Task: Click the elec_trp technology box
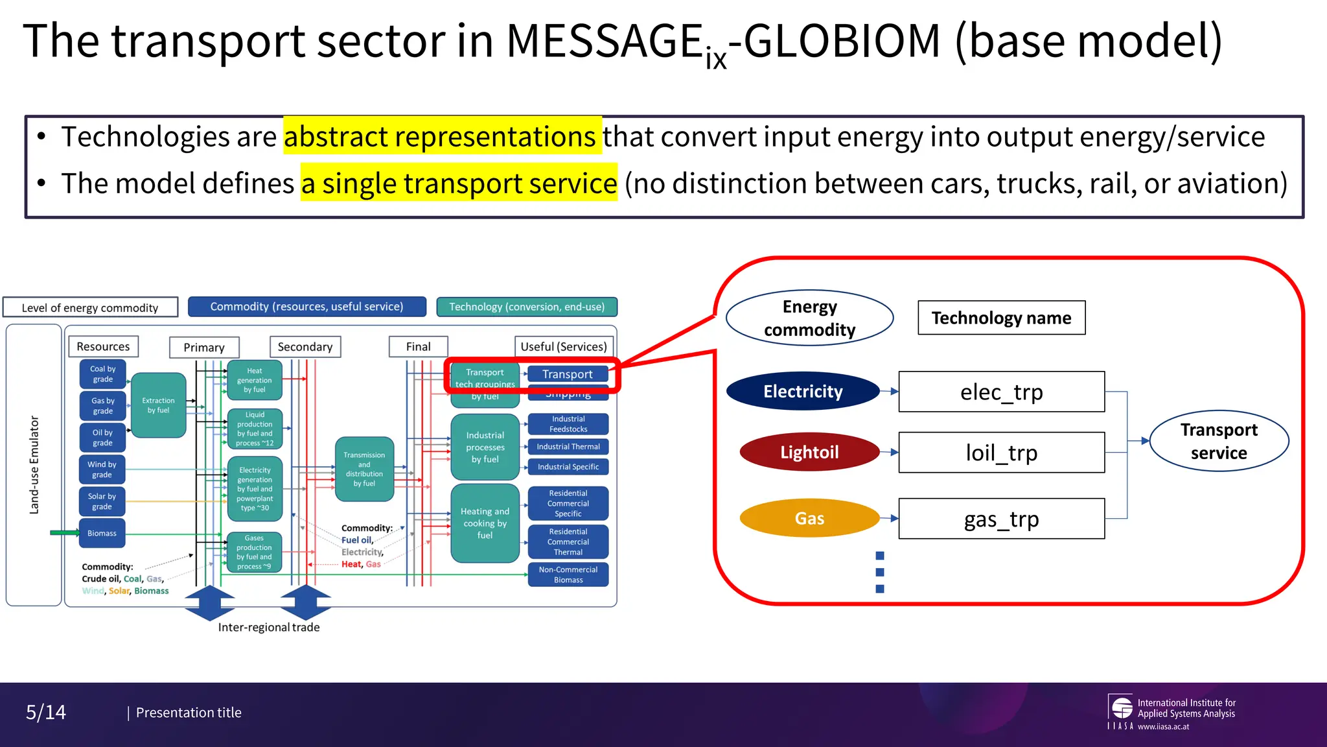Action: tap(1001, 392)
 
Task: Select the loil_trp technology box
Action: tap(1001, 453)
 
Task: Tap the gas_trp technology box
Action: tap(1001, 519)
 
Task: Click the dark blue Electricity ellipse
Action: tap(803, 391)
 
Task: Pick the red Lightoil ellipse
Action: tap(809, 452)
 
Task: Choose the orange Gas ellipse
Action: tap(809, 518)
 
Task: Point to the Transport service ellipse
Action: tap(1218, 441)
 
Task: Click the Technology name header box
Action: tap(1001, 318)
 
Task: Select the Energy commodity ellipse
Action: tap(809, 318)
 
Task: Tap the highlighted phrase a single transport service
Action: tap(459, 184)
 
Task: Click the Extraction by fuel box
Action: tap(159, 405)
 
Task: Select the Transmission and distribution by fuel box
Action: tap(364, 469)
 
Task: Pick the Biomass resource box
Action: tap(102, 533)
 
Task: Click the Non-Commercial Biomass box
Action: tap(568, 575)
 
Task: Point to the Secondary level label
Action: tap(305, 347)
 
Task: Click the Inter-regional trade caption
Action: tap(269, 627)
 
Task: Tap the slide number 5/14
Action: tap(46, 713)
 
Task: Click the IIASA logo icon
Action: tap(1122, 708)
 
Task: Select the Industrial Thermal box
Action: tap(568, 447)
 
